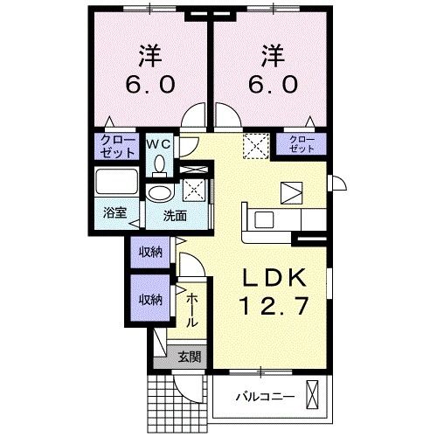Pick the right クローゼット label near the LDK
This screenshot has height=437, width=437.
300,144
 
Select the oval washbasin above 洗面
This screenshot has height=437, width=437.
160,192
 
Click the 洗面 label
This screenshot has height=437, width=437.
173,215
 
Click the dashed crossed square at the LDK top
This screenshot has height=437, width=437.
253,143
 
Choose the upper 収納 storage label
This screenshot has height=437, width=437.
150,253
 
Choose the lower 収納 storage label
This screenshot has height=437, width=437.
150,299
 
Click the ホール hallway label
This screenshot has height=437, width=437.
192,310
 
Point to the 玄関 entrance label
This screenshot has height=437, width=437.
189,356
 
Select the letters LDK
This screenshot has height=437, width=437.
274,279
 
